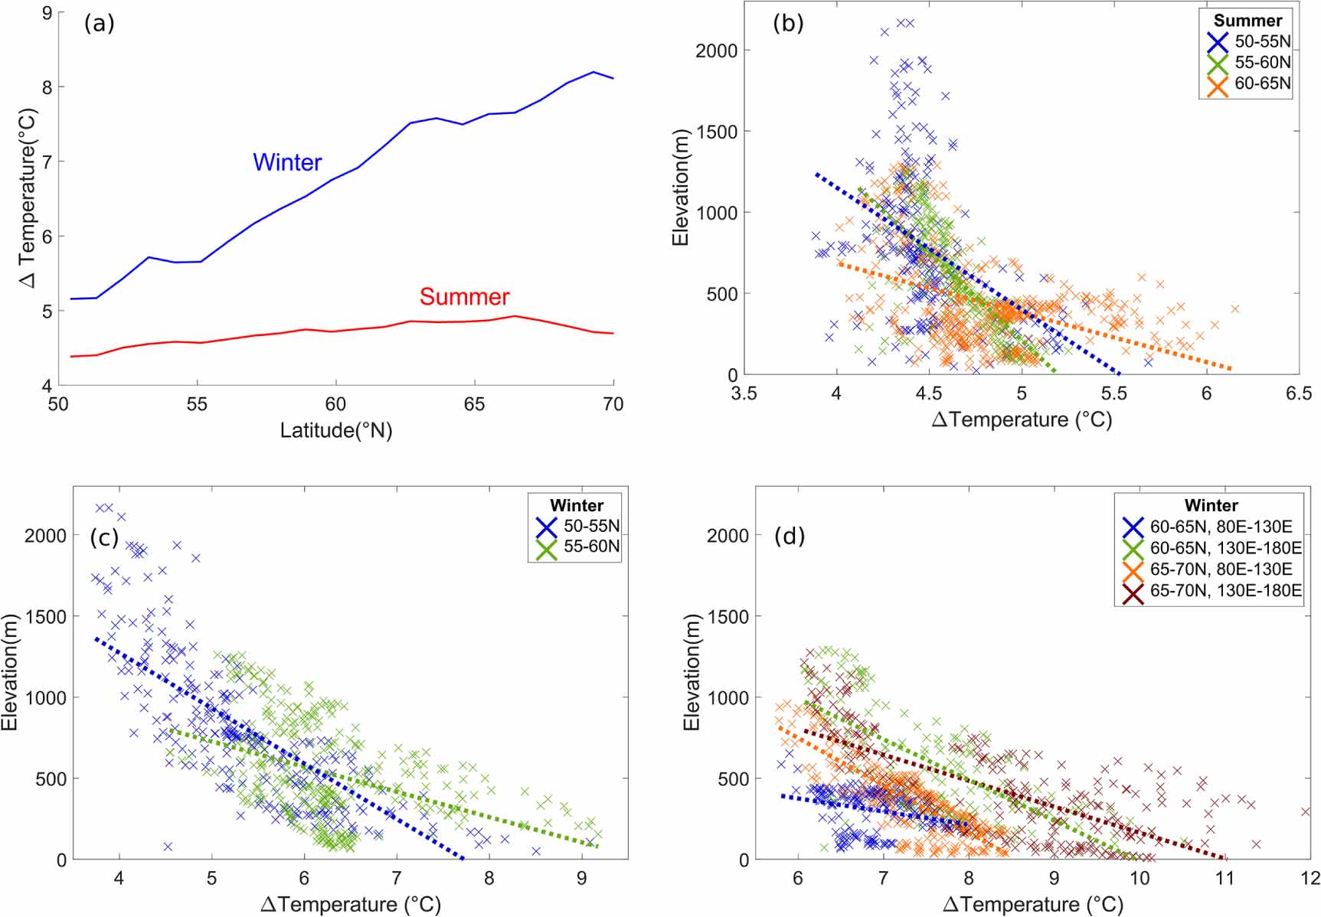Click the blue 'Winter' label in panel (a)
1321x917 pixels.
[287, 162]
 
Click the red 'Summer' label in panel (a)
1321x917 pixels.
[464, 297]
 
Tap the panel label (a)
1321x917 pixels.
[100, 24]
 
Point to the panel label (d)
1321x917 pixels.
[790, 536]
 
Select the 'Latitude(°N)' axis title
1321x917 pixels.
[335, 430]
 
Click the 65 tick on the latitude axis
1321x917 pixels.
[474, 404]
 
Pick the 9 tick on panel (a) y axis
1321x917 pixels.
[47, 13]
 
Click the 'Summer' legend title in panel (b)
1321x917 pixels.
[1247, 21]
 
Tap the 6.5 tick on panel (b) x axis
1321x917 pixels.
[1298, 393]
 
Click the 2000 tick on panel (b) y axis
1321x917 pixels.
[716, 51]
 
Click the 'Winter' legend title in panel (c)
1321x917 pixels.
[577, 505]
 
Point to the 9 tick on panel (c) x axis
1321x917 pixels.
[581, 878]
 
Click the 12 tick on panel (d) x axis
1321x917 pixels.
[1310, 878]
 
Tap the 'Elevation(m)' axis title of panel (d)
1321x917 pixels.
[692, 672]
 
